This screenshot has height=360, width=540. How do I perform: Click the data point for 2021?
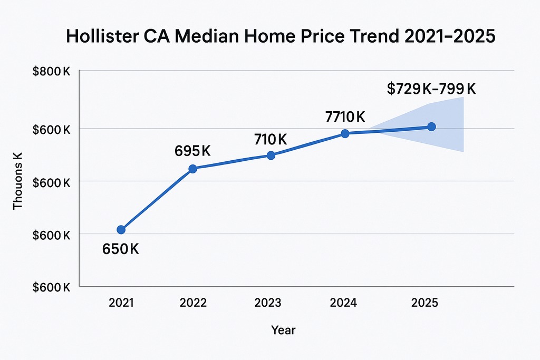121,229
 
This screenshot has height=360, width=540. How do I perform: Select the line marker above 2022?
192,169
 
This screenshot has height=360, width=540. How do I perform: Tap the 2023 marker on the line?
271,155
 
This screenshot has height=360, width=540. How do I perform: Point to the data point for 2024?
345,133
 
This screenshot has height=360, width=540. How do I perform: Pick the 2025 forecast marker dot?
431,127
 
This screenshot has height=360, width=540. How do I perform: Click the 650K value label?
120,249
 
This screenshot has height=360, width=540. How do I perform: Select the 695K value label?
192,151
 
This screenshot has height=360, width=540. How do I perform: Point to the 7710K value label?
346,116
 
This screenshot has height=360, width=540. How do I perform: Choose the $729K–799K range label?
431,89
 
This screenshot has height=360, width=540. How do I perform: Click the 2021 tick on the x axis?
121,303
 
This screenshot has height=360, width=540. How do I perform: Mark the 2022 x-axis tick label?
193,303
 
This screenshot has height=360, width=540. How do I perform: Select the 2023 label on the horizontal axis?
268,303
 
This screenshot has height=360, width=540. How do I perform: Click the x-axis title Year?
283,330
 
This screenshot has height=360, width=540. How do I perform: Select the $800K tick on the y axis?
51,72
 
